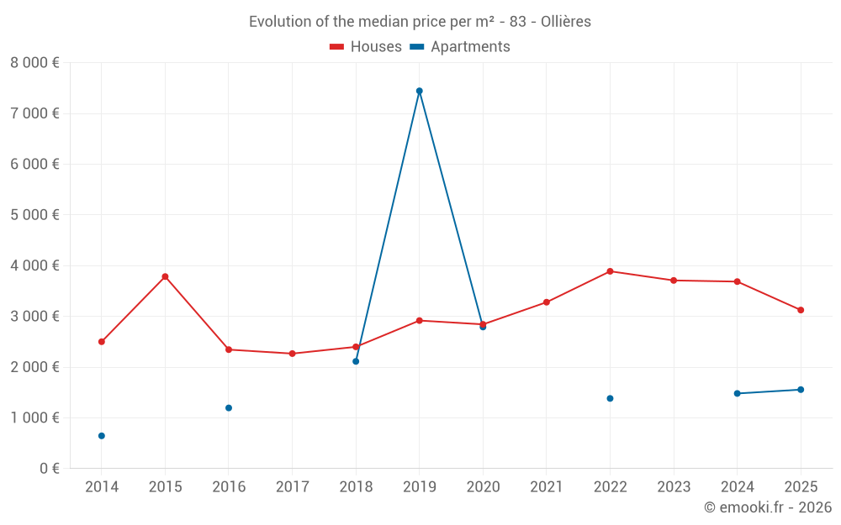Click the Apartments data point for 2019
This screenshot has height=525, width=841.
click(x=419, y=91)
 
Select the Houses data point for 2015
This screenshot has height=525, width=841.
click(x=165, y=276)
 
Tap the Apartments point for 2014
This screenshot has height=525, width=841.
click(x=102, y=436)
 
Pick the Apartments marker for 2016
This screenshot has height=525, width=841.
click(x=229, y=408)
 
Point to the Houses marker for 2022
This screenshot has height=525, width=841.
click(x=610, y=271)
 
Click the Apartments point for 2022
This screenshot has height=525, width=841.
click(x=610, y=398)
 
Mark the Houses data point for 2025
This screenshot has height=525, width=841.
click(x=801, y=310)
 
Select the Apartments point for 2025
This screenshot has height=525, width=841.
click(x=801, y=390)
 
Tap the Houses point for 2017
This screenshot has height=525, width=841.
click(x=292, y=354)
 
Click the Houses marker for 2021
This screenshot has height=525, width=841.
click(x=547, y=302)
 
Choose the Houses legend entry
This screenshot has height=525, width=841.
click(x=366, y=47)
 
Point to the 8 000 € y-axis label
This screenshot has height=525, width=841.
click(x=34, y=63)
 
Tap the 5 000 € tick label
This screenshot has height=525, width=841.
click(x=34, y=215)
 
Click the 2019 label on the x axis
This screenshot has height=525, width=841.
click(x=419, y=487)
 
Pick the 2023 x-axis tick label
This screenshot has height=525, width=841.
click(x=674, y=487)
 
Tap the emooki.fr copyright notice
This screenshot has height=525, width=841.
click(x=767, y=507)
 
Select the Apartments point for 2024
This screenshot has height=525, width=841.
click(x=737, y=393)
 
